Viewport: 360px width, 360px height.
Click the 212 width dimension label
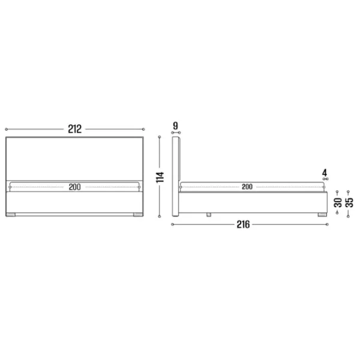click(74, 129)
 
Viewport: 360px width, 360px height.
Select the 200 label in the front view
click(74, 187)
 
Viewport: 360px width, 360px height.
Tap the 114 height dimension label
click(160, 177)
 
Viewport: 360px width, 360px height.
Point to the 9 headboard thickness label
click(175, 125)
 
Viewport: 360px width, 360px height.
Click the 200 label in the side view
click(247, 187)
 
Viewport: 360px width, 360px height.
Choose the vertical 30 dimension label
click(338, 202)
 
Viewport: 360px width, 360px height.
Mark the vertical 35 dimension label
click(349, 198)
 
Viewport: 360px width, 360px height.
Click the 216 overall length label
click(243, 225)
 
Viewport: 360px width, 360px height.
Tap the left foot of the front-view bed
click(11, 214)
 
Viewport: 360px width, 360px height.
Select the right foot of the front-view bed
click(137, 214)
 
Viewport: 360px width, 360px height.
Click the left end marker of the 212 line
click(5, 129)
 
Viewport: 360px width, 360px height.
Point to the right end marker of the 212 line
click(143, 129)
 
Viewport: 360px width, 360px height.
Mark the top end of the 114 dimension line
click(160, 137)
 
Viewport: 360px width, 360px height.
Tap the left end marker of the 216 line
click(172, 225)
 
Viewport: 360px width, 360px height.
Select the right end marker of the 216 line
click(327, 225)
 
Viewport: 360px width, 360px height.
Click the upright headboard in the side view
click(176, 177)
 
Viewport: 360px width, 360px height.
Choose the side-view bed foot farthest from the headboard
click(322, 214)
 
